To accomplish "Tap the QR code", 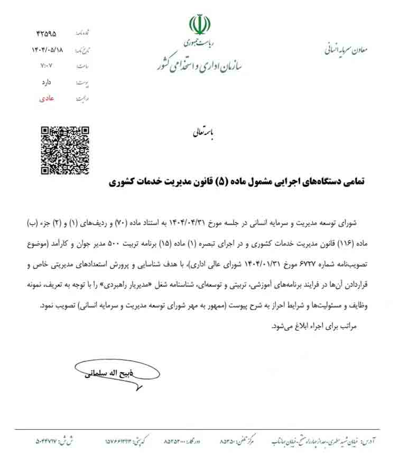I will [x=65, y=151].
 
